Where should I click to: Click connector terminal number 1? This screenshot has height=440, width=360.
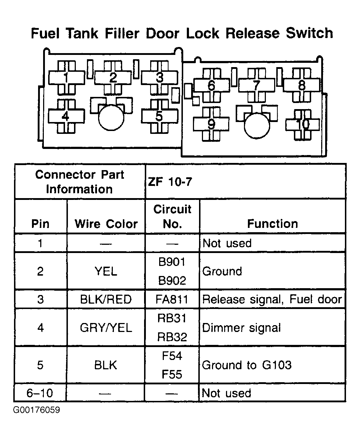point(66,78)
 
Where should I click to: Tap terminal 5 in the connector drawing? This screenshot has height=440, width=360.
point(159,116)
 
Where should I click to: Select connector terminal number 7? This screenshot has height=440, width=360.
point(257,85)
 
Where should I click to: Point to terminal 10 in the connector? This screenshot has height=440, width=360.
point(303,125)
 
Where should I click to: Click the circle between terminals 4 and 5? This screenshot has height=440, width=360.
point(111,117)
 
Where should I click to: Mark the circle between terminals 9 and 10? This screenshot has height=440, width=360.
point(257,126)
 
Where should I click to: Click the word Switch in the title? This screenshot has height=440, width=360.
point(309,33)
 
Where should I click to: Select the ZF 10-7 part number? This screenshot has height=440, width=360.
point(170,182)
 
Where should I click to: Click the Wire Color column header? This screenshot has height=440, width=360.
point(106,224)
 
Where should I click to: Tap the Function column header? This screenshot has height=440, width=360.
point(272,224)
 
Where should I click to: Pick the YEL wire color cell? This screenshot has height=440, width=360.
point(106,271)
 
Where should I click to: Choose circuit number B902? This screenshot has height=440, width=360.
point(172,280)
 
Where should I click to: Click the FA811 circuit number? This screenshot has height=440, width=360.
point(172,299)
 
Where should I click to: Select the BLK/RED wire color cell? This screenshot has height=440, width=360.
point(106,299)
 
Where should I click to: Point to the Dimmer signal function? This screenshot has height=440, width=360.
point(241,328)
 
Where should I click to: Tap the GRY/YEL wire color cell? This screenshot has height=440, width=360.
point(106,328)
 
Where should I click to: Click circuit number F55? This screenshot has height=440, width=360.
point(172,374)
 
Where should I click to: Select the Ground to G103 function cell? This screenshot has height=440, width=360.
point(246,365)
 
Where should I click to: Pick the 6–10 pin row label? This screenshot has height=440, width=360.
point(40,393)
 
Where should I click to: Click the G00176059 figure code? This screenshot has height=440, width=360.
point(37,410)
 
